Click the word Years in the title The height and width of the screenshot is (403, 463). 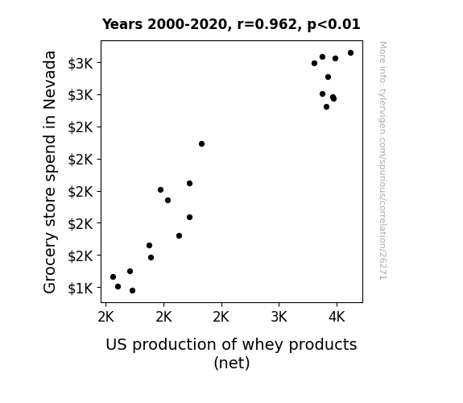click(x=122, y=24)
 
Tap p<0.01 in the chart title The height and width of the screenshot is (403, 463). click(x=333, y=25)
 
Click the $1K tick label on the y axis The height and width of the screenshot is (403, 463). click(x=81, y=288)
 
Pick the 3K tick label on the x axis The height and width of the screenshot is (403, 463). click(x=279, y=317)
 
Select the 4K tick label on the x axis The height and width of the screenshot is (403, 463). click(x=337, y=317)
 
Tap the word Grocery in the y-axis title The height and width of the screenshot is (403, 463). click(x=50, y=262)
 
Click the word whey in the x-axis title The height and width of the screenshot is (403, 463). click(x=263, y=345)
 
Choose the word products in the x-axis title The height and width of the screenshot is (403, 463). click(x=323, y=345)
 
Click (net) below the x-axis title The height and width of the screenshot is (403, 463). click(x=232, y=363)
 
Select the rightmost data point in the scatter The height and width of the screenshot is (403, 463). click(x=350, y=53)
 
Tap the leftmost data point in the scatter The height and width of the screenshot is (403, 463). click(x=113, y=277)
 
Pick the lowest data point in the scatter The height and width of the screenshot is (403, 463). click(x=133, y=291)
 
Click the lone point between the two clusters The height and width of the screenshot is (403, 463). click(x=201, y=144)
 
